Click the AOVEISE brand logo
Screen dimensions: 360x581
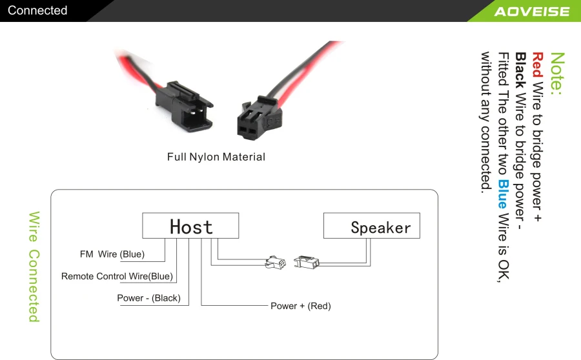(x=531, y=12)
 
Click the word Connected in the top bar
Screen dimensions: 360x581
(x=37, y=10)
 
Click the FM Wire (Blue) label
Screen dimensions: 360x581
(x=112, y=254)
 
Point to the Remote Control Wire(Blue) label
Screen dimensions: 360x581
(x=117, y=277)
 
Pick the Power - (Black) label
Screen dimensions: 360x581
(x=148, y=298)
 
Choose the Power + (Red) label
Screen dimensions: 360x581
(x=300, y=306)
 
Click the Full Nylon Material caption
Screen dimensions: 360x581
(x=216, y=157)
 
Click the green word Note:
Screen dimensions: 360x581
(x=557, y=74)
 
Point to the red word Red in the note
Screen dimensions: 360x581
(x=537, y=65)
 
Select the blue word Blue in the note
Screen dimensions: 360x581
(x=504, y=192)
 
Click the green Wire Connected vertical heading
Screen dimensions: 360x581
(x=34, y=266)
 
